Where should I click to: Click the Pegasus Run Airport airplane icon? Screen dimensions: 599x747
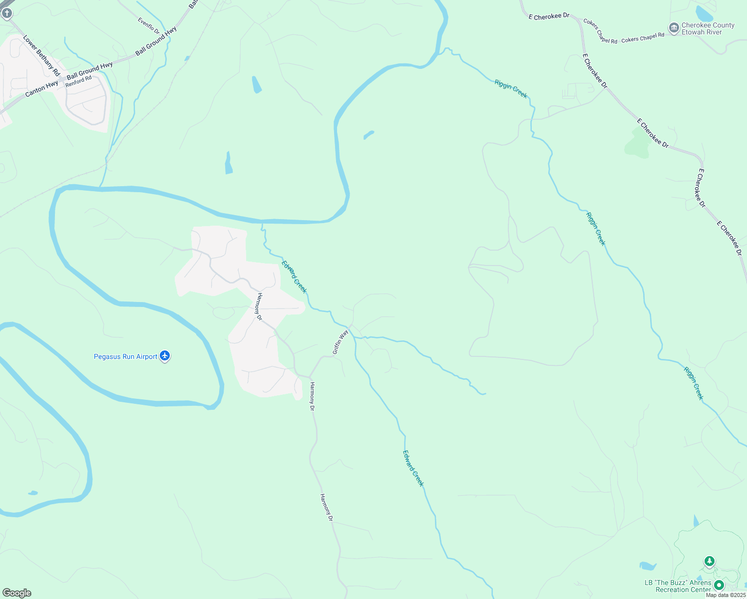click(x=165, y=356)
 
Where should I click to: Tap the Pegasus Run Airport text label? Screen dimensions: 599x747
click(x=125, y=356)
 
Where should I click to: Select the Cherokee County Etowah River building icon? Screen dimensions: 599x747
click(x=674, y=28)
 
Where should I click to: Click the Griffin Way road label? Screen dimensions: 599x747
click(x=341, y=342)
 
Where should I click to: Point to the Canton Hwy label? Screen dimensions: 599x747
click(x=41, y=89)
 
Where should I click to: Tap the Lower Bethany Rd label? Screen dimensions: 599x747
click(x=41, y=55)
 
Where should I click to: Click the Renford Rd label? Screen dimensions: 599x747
click(x=78, y=81)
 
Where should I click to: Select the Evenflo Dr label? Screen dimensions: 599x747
click(x=149, y=26)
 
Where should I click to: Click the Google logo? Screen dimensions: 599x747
click(x=16, y=593)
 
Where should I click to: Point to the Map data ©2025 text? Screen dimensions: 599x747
click(x=726, y=595)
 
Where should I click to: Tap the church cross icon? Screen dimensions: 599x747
click(x=6, y=13)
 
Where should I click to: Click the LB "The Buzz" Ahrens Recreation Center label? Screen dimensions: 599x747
click(x=678, y=586)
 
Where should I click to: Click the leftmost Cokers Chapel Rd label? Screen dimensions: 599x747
click(x=600, y=31)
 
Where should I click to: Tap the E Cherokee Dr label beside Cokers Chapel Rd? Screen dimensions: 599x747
click(x=549, y=16)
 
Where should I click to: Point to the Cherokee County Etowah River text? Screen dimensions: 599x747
click(x=708, y=28)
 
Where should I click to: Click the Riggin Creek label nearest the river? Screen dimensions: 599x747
click(x=511, y=88)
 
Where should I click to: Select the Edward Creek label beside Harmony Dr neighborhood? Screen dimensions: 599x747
click(x=294, y=277)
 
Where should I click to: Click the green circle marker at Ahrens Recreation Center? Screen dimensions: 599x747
click(x=719, y=585)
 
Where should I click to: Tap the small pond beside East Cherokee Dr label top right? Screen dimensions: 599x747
click(x=704, y=12)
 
